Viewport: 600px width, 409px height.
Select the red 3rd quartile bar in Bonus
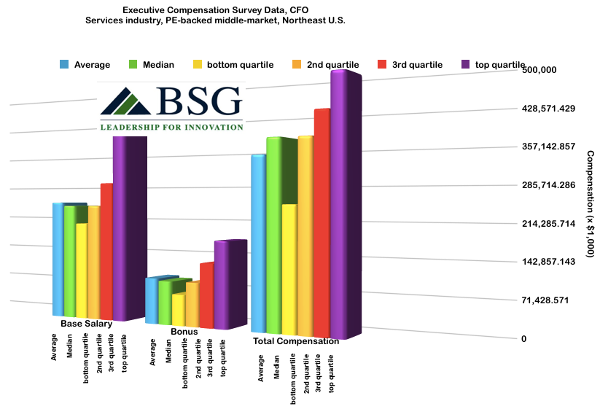click(x=206, y=295)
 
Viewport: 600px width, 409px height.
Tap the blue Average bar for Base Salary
click(x=58, y=259)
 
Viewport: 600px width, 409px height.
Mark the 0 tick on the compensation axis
click(x=524, y=339)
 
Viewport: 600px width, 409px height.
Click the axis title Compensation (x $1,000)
click(x=591, y=203)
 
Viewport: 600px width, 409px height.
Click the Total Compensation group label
click(x=296, y=340)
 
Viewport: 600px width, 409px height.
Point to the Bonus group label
click(x=184, y=332)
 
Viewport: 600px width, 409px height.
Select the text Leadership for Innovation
click(x=171, y=127)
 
